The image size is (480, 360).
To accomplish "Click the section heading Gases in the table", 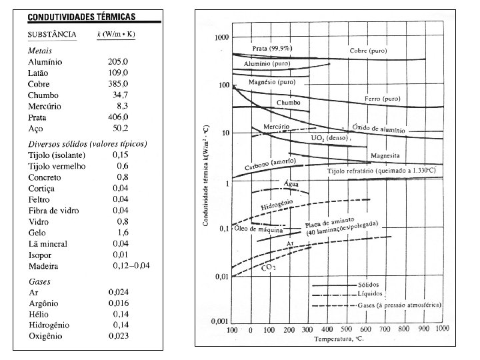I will point(39,281).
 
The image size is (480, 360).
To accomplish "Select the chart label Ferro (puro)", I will point(382,99).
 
